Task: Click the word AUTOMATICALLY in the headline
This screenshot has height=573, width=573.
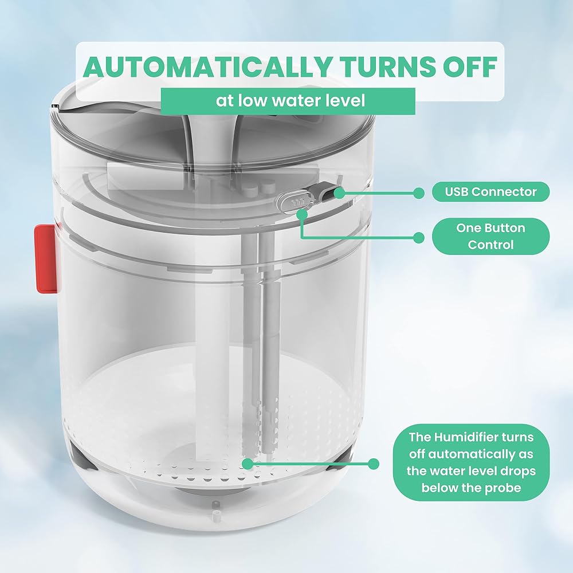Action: [206, 66]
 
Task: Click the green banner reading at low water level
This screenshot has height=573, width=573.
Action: [288, 101]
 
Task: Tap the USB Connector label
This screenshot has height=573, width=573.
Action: [490, 192]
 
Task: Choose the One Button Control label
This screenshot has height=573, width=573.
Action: [490, 237]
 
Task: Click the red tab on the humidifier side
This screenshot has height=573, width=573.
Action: [46, 259]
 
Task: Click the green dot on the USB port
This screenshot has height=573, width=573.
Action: [339, 193]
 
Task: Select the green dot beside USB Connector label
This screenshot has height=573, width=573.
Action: [419, 193]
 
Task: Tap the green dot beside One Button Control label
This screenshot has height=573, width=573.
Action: [419, 238]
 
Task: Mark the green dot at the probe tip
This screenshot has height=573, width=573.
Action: [248, 464]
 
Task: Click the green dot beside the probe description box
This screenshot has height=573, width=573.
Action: [373, 464]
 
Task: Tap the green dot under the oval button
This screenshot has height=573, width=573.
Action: [301, 215]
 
